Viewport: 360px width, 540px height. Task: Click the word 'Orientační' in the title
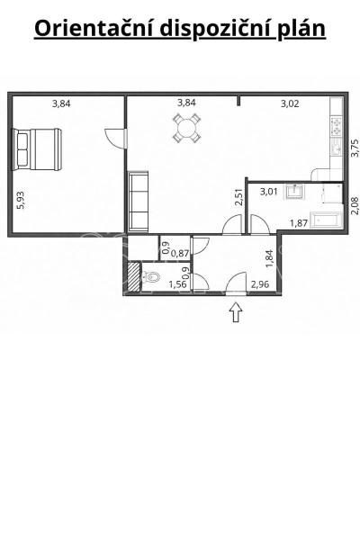pyautogui.click(x=94, y=28)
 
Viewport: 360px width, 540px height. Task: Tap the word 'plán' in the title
pyautogui.click(x=301, y=30)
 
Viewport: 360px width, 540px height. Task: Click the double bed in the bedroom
pyautogui.click(x=38, y=149)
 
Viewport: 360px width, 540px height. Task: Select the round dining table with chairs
pyautogui.click(x=186, y=128)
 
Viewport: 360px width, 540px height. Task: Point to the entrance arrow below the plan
pyautogui.click(x=236, y=311)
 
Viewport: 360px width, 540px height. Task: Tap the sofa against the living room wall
pyautogui.click(x=138, y=202)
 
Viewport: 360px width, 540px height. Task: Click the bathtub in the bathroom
pyautogui.click(x=326, y=220)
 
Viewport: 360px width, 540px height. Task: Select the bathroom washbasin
pyautogui.click(x=294, y=192)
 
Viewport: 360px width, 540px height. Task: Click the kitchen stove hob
pyautogui.click(x=336, y=127)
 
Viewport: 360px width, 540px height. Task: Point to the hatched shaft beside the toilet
pyautogui.click(x=134, y=277)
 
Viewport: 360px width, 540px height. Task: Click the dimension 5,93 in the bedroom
pyautogui.click(x=21, y=200)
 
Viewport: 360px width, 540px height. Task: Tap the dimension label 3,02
pyautogui.click(x=290, y=103)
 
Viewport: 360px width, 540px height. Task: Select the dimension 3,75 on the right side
pyautogui.click(x=354, y=148)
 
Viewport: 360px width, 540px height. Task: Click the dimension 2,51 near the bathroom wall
pyautogui.click(x=238, y=197)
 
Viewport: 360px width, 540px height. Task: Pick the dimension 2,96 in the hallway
pyautogui.click(x=260, y=284)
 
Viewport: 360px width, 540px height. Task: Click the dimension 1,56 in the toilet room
pyautogui.click(x=177, y=284)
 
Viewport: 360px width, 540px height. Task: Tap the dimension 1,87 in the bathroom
pyautogui.click(x=298, y=223)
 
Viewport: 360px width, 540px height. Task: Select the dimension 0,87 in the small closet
pyautogui.click(x=180, y=254)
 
